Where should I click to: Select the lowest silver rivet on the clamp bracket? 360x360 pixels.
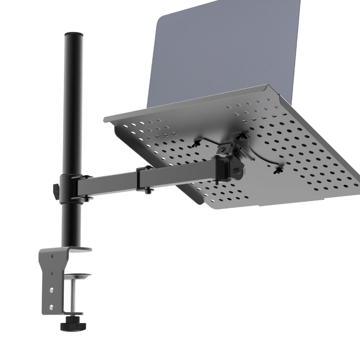[51, 306]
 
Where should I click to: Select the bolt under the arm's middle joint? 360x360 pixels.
[147, 190]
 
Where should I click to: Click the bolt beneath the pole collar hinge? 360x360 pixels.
[87, 199]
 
